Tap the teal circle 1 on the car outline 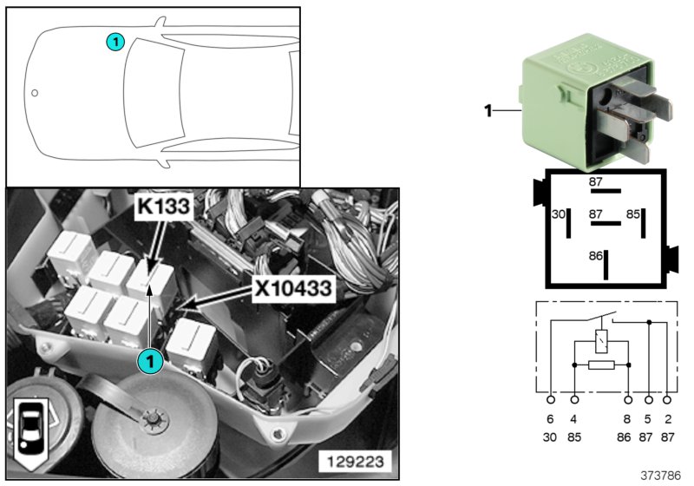[115, 40]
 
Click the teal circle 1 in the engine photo [150, 358]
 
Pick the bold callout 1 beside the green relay [488, 110]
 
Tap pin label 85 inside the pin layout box [633, 213]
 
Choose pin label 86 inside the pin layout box [594, 258]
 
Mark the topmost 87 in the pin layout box [595, 181]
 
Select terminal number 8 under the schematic [627, 419]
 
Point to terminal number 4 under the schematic [574, 419]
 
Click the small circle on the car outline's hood [35, 92]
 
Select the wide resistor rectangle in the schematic [600, 364]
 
